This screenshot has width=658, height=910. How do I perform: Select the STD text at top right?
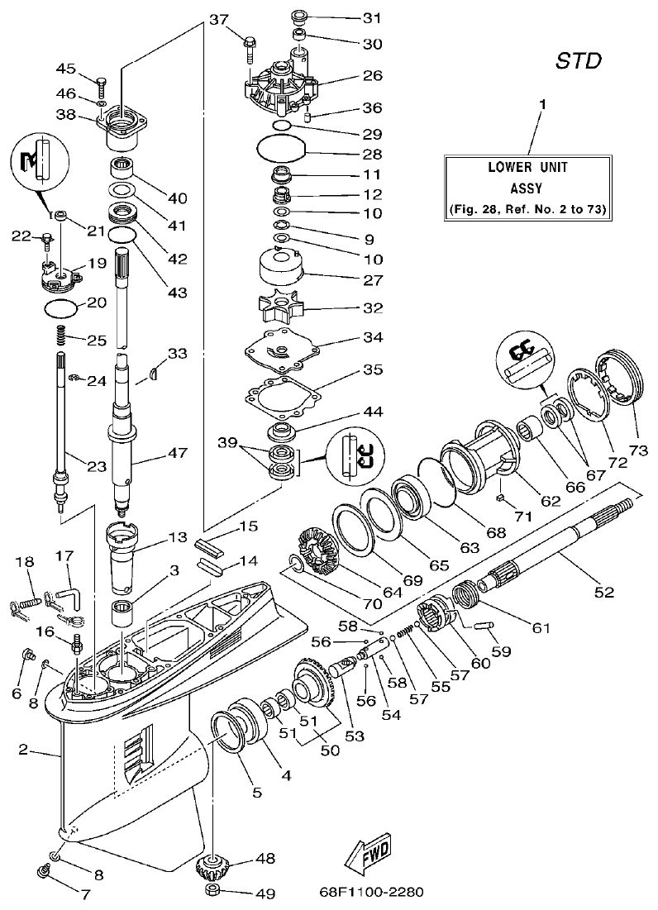pos(577,61)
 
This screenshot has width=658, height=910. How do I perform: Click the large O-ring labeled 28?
pos(281,151)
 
